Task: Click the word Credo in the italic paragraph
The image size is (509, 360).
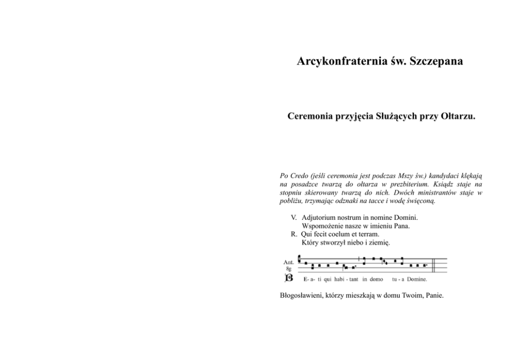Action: (302, 176)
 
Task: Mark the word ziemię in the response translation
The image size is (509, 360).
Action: (379, 242)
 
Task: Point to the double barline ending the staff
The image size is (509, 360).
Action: (435, 265)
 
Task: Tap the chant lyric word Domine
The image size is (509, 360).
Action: (417, 280)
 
